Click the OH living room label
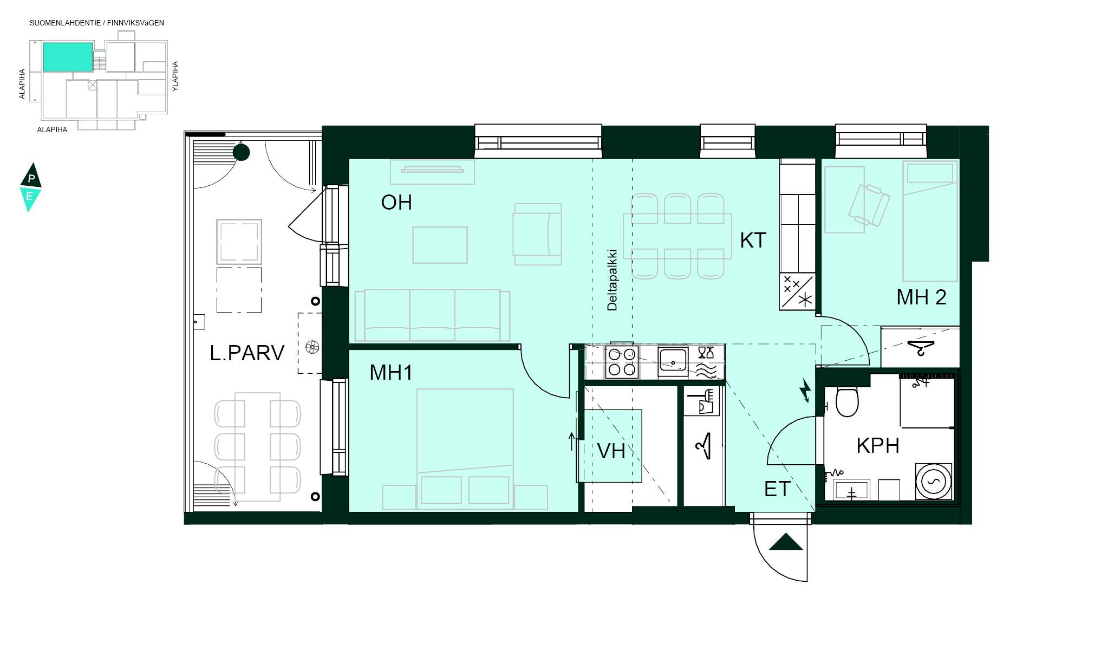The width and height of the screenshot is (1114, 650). pyautogui.click(x=396, y=203)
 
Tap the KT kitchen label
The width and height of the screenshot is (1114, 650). pyautogui.click(x=753, y=240)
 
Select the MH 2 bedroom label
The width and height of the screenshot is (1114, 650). pyautogui.click(x=921, y=297)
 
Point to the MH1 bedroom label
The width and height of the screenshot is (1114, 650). pyautogui.click(x=391, y=373)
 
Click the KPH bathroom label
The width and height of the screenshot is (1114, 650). pyautogui.click(x=878, y=446)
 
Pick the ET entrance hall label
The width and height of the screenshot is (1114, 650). pyautogui.click(x=777, y=489)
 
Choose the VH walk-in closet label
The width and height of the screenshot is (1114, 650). pyautogui.click(x=611, y=451)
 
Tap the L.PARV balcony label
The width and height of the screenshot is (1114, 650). pyautogui.click(x=247, y=353)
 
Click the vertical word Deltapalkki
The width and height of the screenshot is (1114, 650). pyautogui.click(x=612, y=280)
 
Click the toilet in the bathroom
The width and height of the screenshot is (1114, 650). pyautogui.click(x=847, y=400)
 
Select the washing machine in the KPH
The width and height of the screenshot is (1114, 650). pyautogui.click(x=934, y=481)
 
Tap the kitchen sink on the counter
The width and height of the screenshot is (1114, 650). pyautogui.click(x=673, y=361)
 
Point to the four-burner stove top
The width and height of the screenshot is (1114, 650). pyautogui.click(x=622, y=362)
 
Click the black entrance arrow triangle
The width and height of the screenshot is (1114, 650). pyautogui.click(x=786, y=542)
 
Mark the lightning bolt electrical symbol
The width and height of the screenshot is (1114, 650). pyautogui.click(x=805, y=391)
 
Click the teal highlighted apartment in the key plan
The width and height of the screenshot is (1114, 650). pyautogui.click(x=68, y=57)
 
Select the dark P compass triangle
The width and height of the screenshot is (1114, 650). pyautogui.click(x=31, y=175)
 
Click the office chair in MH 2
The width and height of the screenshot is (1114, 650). pyautogui.click(x=869, y=205)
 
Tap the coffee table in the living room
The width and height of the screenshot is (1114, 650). pyautogui.click(x=440, y=245)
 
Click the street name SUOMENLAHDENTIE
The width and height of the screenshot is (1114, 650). pyautogui.click(x=65, y=23)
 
